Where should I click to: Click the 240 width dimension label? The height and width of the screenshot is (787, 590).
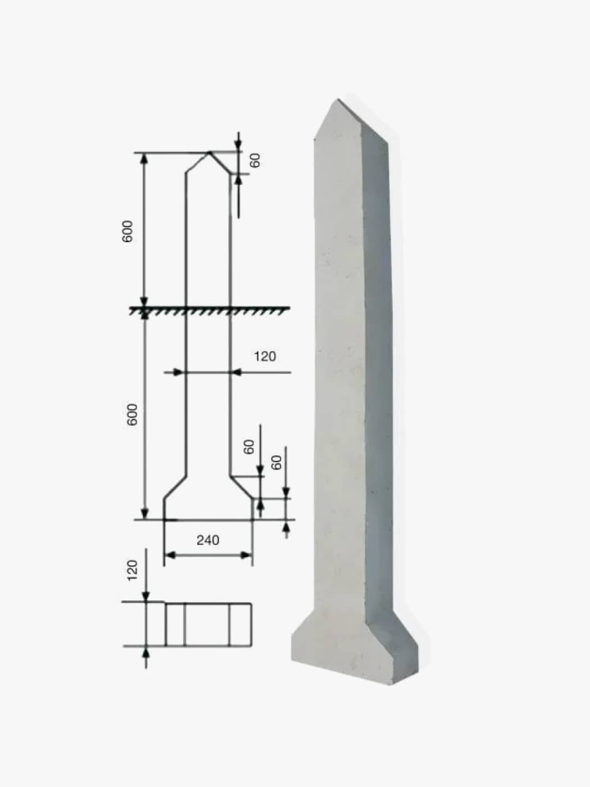(208, 540)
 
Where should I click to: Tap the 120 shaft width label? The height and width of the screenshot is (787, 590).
(265, 356)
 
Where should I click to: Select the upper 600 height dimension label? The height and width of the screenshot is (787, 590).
(128, 232)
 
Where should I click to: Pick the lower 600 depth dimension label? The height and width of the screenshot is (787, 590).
(132, 414)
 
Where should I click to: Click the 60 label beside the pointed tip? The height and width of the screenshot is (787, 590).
(255, 160)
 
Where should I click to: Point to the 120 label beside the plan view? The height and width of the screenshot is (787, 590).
(132, 570)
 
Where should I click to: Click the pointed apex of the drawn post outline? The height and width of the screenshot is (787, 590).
(209, 152)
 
